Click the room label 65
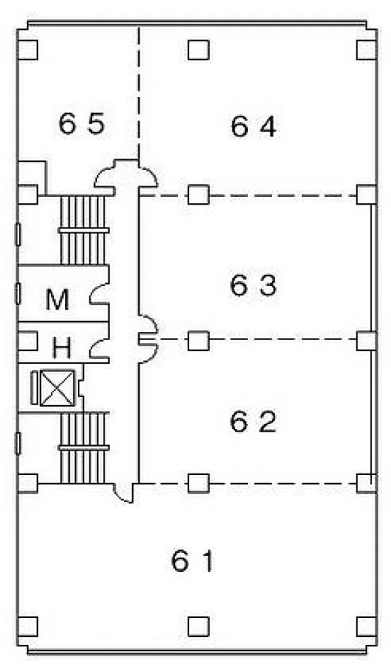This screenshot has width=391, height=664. (81, 123)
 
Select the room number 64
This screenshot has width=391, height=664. (253, 126)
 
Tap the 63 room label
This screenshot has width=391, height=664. (253, 285)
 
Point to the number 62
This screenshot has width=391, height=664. (253, 421)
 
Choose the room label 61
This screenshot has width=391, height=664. (192, 560)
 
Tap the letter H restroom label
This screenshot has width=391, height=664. (62, 348)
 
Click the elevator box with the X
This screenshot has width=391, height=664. (57, 388)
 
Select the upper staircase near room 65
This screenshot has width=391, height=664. (83, 230)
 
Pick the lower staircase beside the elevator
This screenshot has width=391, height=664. (83, 448)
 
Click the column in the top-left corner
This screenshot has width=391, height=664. (28, 50)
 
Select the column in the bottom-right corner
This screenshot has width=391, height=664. (367, 627)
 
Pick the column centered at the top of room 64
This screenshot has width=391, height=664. (199, 50)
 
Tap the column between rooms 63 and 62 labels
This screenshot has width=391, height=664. (199, 340)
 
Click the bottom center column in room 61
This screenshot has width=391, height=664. (199, 627)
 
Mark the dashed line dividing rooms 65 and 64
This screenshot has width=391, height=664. (140, 94)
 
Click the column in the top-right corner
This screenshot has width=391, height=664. (367, 50)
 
